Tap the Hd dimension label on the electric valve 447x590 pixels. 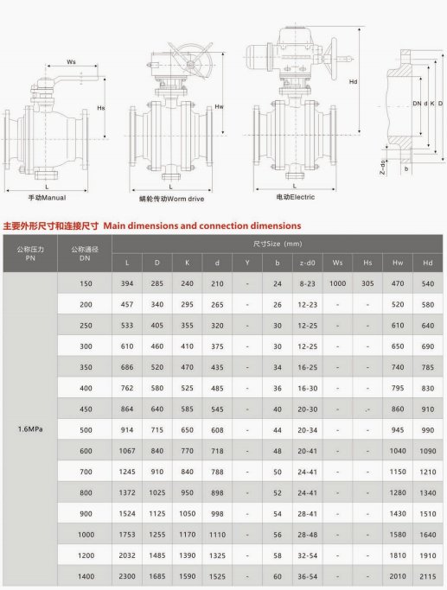[354, 83]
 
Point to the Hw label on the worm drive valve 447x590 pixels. [220, 106]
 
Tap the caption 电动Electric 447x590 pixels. [295, 198]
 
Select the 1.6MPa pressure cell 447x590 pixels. [30, 428]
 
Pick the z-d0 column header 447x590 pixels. [307, 263]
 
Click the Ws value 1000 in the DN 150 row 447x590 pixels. [337, 283]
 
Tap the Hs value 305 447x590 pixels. [367, 283]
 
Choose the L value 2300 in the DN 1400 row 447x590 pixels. [127, 575]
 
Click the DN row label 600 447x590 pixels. [85, 450]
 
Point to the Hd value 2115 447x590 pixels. [427, 575]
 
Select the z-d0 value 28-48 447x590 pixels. [307, 534]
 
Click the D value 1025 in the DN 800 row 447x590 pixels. [156, 492]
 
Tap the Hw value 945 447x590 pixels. [398, 429]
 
